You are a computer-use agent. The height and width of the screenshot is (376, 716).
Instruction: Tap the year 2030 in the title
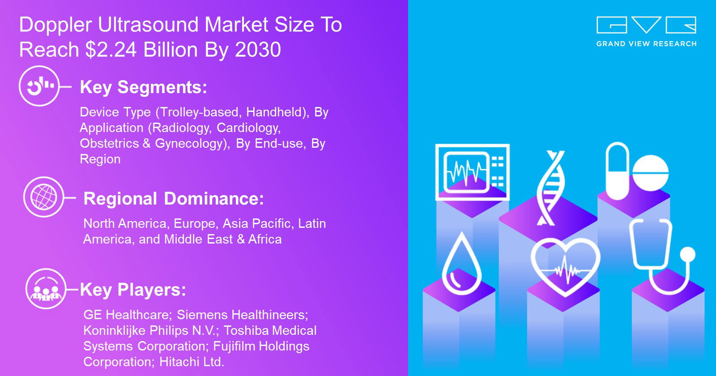(x=258, y=50)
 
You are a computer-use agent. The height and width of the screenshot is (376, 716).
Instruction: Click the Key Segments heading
(x=144, y=87)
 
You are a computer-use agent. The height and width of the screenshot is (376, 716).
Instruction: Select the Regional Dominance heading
(x=174, y=199)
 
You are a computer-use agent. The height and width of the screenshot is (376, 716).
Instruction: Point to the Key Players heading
(x=133, y=290)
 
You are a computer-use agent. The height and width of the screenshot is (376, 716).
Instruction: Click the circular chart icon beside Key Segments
(x=39, y=86)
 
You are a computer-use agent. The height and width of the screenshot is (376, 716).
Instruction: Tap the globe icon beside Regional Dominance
(x=44, y=197)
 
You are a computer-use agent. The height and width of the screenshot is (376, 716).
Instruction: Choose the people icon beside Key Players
(x=46, y=289)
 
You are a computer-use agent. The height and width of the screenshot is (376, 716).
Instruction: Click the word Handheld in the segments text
(x=276, y=112)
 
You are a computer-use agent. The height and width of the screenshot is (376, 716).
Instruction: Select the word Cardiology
(x=248, y=128)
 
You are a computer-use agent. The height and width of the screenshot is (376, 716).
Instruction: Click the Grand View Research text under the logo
(x=646, y=44)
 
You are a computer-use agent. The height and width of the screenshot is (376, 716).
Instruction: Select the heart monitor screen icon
(x=473, y=172)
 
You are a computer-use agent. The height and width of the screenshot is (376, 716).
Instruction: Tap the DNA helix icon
(x=550, y=188)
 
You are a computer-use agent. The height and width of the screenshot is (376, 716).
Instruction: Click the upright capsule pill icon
(x=617, y=171)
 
